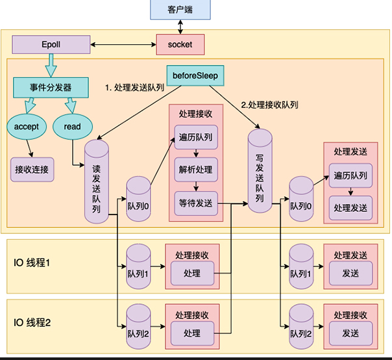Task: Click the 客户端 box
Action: [x=180, y=10]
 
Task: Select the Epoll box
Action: [x=51, y=45]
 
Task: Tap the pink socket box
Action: [x=180, y=45]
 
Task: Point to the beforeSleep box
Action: [x=195, y=75]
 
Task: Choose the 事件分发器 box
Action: [x=51, y=88]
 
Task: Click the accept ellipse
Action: [x=27, y=127]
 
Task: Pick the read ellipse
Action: [x=73, y=127]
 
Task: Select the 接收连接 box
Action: [x=32, y=170]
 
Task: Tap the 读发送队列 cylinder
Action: [x=97, y=181]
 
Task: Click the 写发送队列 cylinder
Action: [x=260, y=171]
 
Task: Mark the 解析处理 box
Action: [x=196, y=170]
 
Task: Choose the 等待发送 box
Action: [x=196, y=203]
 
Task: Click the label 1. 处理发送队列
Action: [x=135, y=88]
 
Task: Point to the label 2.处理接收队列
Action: [x=269, y=105]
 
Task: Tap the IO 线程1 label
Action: [x=32, y=263]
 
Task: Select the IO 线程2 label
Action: [x=32, y=322]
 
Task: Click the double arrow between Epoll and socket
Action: [x=123, y=45]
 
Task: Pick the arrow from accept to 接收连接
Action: [x=30, y=148]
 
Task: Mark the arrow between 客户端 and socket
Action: [x=180, y=27]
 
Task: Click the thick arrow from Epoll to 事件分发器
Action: [x=51, y=66]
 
